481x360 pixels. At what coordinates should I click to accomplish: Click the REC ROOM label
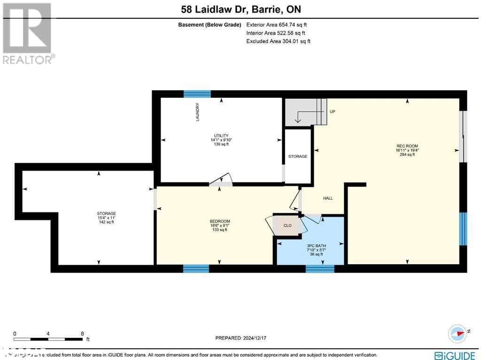pos(407,146)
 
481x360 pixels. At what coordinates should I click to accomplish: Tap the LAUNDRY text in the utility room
pos(198,112)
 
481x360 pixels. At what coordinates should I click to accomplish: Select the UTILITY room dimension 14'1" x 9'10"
pos(221,140)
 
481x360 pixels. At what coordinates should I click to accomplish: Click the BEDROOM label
pos(219,221)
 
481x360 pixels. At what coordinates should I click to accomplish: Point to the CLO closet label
pos(287,226)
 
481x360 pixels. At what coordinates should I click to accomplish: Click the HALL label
pos(328,198)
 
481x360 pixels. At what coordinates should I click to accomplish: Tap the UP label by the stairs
pos(333,112)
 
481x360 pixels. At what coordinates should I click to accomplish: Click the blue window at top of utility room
pos(197,94)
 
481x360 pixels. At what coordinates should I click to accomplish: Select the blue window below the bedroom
pos(196,268)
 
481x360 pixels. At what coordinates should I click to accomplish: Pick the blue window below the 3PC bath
pos(320,268)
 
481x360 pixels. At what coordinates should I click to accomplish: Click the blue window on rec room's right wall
pos(463,229)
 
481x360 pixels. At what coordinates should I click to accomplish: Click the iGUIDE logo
pos(455,355)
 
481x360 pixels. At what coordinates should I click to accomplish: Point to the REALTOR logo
pos(28,33)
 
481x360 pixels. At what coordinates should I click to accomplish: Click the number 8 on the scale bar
pos(83,334)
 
